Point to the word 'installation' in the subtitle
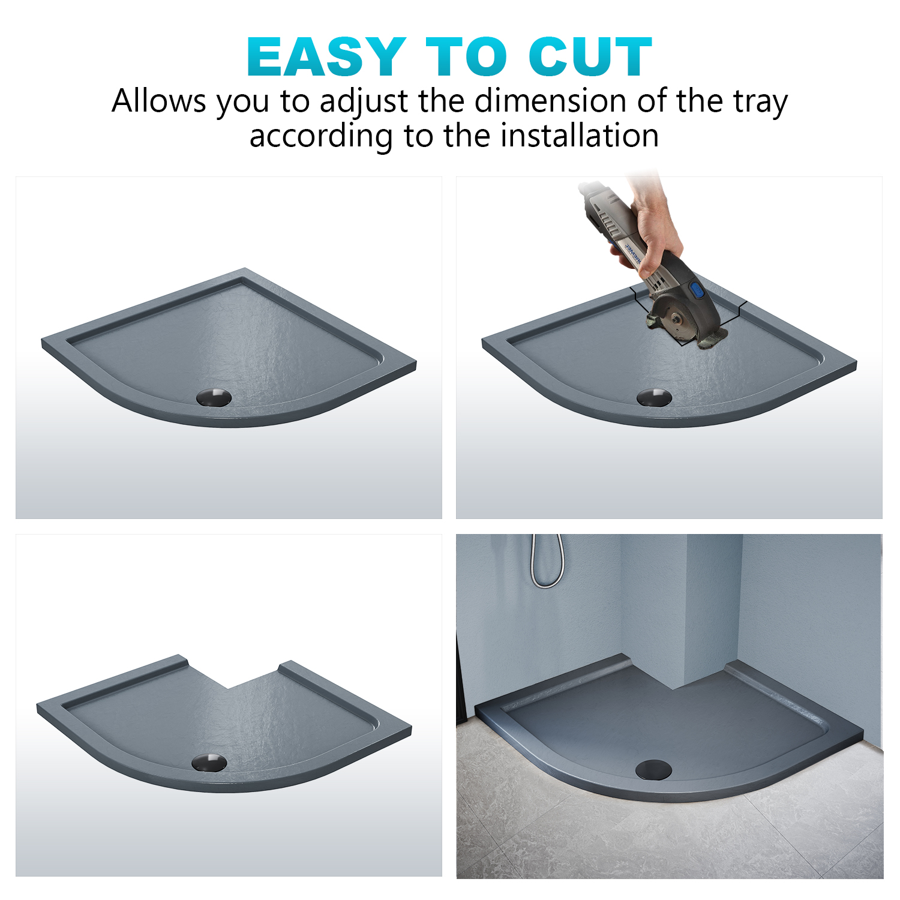pyautogui.click(x=580, y=136)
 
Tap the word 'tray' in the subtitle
pyautogui.click(x=760, y=102)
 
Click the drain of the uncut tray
pyautogui.click(x=214, y=397)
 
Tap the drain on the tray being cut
pyautogui.click(x=654, y=397)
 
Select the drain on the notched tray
pyautogui.click(x=209, y=762)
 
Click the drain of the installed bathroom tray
pyautogui.click(x=653, y=769)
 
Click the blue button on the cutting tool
pyautogui.click(x=697, y=291)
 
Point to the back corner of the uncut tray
pyautogui.click(x=244, y=270)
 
